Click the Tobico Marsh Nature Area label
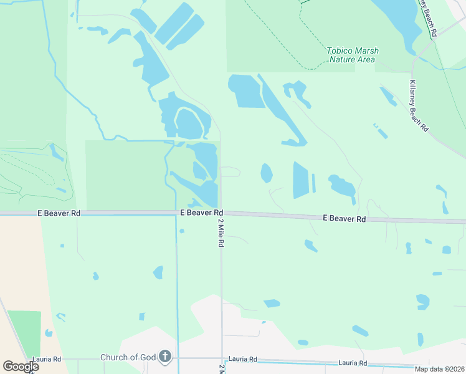click(352, 55)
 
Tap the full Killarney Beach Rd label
click(419, 106)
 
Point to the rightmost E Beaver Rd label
click(344, 219)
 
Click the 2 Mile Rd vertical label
click(220, 232)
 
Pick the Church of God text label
click(128, 357)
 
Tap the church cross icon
click(164, 357)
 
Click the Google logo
click(21, 367)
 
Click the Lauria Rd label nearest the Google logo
click(48, 359)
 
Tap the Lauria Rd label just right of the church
click(243, 359)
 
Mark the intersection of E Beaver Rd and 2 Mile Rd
click(221, 213)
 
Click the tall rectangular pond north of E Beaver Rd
click(300, 180)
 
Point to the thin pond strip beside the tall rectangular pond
click(314, 183)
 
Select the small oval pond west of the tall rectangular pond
click(267, 173)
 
